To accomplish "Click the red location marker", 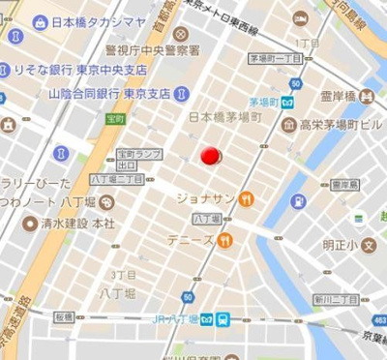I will (x=210, y=155).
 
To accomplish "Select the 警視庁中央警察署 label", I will (x=153, y=49).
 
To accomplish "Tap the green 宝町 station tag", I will (x=115, y=119).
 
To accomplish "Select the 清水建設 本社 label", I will (x=77, y=223).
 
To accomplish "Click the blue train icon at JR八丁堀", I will (x=223, y=319).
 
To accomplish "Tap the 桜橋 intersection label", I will (x=64, y=316).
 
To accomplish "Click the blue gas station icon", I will (x=299, y=201).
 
